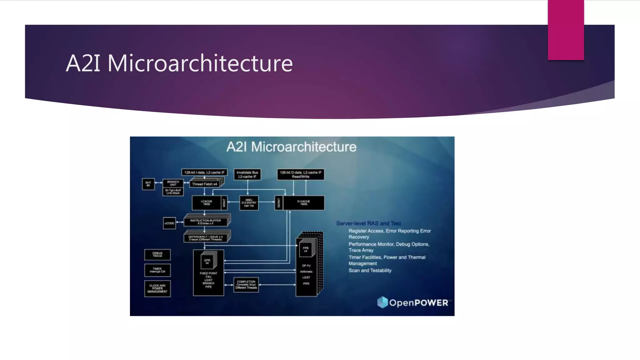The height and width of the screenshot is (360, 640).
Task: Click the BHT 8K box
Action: click(148, 184)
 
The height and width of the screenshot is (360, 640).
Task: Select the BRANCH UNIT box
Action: click(173, 183)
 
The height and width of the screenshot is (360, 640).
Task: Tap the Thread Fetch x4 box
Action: click(204, 184)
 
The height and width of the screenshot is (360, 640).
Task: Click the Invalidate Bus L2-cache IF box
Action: click(247, 174)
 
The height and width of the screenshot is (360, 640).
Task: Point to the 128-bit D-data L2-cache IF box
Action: click(300, 174)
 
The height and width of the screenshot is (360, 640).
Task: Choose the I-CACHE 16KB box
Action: click(207, 203)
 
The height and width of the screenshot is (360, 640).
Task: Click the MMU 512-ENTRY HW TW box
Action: click(249, 203)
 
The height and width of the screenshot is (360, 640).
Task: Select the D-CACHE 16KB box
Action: click(303, 203)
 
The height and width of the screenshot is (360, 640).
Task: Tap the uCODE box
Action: click(169, 223)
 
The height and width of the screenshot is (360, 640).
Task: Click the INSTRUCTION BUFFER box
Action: click(205, 222)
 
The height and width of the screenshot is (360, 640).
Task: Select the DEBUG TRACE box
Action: click(157, 255)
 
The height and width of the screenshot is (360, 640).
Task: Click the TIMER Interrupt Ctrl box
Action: click(157, 270)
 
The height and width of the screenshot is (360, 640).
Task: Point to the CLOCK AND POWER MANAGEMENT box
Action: click(157, 288)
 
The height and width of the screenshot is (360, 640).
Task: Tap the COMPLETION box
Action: click(246, 285)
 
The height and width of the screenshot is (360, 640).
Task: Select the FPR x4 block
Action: click(305, 249)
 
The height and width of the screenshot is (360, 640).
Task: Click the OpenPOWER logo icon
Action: click(382, 302)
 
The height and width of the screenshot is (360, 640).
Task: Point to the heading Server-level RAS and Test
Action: click(368, 223)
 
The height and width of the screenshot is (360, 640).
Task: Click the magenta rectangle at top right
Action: click(566, 30)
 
